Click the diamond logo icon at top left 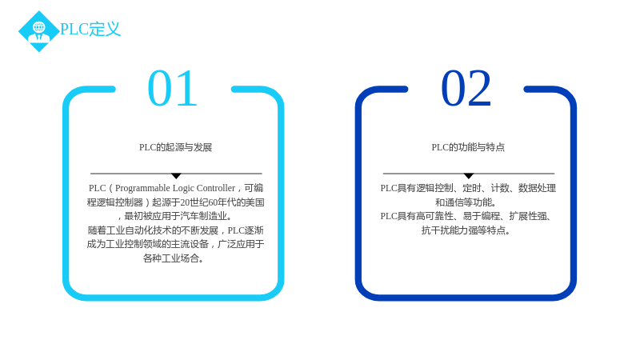click(x=39, y=31)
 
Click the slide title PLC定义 click(x=90, y=29)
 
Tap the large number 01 click(x=173, y=88)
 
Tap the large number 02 click(x=466, y=88)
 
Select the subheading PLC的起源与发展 click(x=175, y=147)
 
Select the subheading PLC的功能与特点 click(x=468, y=147)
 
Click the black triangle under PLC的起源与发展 click(x=176, y=176)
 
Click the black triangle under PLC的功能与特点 click(x=469, y=176)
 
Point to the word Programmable click(x=142, y=188)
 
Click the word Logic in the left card click(x=183, y=188)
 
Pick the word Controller click(x=216, y=188)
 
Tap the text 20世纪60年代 click(x=204, y=202)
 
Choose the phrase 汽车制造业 click(x=204, y=216)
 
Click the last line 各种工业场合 click(x=173, y=258)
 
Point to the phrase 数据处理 click(x=537, y=188)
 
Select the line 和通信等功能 click(x=466, y=202)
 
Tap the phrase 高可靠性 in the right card click(x=435, y=216)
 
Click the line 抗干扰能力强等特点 click(x=466, y=230)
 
